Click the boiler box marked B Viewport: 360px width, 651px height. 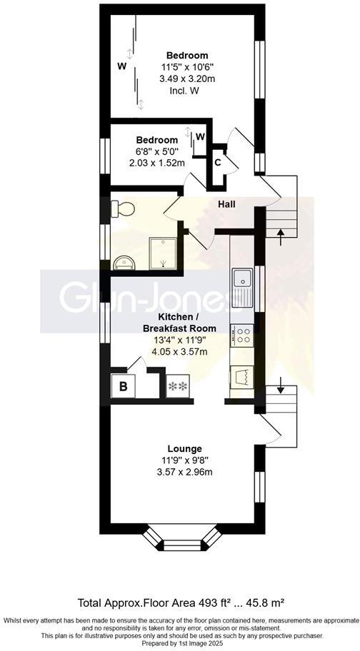[122, 387]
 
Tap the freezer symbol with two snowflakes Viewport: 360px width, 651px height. [177, 387]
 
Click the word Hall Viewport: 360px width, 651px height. [227, 205]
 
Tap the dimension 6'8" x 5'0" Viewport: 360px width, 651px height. [156, 151]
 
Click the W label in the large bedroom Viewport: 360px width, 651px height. [122, 66]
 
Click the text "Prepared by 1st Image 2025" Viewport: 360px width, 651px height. [180, 642]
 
